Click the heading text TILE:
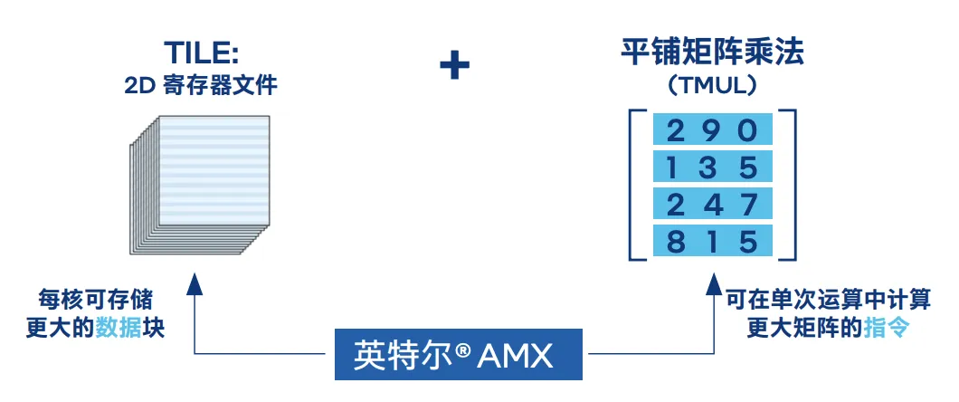pos(201,53)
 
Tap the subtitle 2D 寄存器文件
pos(201,87)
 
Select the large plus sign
pos(454,66)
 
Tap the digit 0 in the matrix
pos(747,131)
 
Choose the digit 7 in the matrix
pos(747,205)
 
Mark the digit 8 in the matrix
pos(675,241)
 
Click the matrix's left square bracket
pos(636,186)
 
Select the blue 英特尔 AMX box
pos(454,355)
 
